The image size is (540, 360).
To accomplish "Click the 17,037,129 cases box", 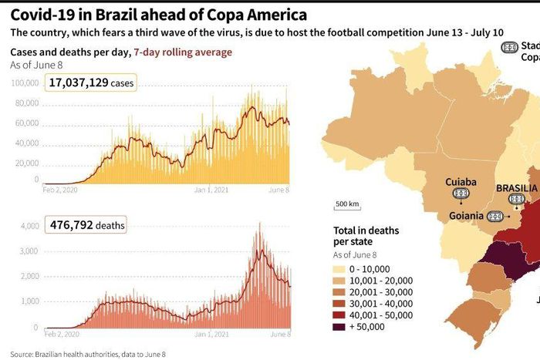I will (90, 82).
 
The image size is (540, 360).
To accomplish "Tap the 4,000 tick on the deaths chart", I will (28, 227).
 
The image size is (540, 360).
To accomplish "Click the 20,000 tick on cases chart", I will (26, 163).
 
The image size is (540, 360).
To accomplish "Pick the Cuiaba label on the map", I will (461, 183).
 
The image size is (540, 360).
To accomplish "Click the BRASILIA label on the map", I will (517, 187).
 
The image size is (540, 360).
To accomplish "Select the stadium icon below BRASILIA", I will (515, 200).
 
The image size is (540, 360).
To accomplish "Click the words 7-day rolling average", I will (182, 52).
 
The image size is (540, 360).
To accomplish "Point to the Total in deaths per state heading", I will (366, 236).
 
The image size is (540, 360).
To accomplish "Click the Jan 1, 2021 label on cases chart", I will (211, 190).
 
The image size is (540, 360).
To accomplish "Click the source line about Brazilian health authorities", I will (88, 354).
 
